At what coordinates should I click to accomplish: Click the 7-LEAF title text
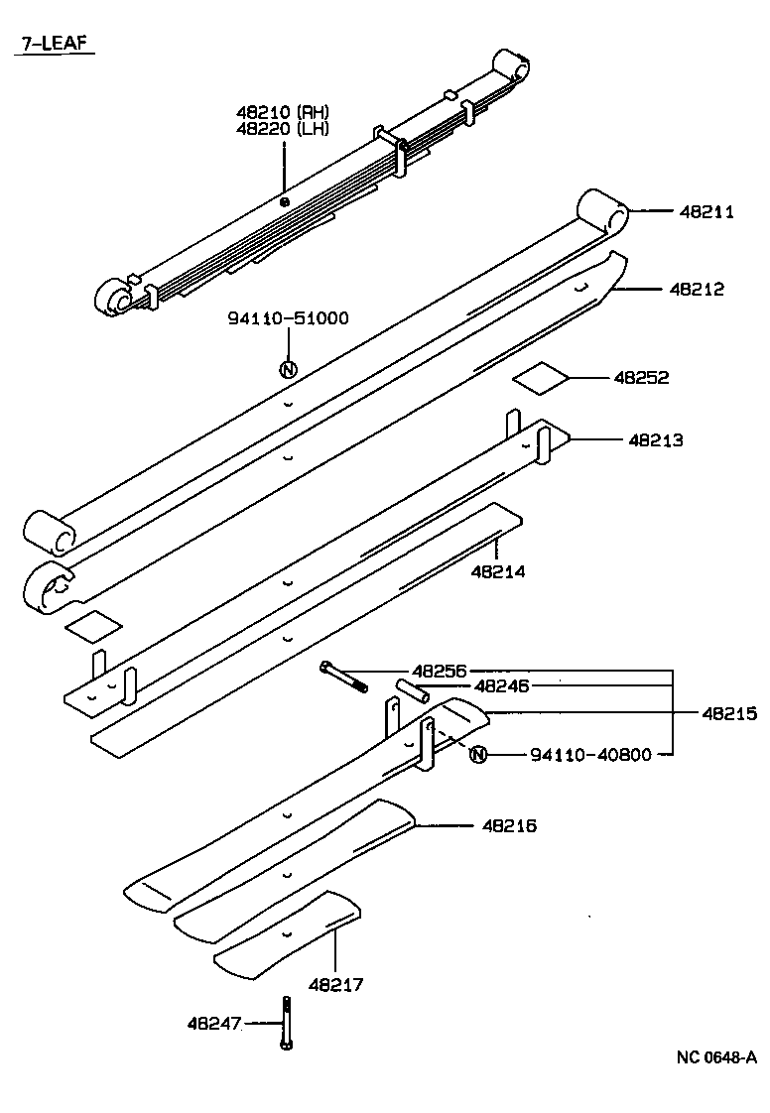click(52, 45)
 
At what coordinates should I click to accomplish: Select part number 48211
click(706, 211)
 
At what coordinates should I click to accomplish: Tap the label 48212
click(697, 290)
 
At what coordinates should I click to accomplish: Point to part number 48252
click(641, 378)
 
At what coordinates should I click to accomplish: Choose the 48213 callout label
click(655, 439)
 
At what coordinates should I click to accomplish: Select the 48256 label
click(439, 672)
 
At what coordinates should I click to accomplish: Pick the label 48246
click(501, 685)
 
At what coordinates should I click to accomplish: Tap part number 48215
click(729, 712)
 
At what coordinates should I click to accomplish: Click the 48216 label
click(509, 825)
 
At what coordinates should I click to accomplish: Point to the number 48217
click(335, 984)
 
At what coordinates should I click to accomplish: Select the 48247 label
click(214, 1023)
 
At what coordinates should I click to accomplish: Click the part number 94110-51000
click(288, 318)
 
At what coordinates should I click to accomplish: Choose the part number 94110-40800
click(590, 755)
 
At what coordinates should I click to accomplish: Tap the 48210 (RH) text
click(283, 112)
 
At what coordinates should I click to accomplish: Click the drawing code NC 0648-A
click(716, 1056)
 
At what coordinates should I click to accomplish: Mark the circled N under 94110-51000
click(288, 371)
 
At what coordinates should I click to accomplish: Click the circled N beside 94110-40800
click(478, 755)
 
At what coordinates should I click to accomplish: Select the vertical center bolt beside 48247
click(285, 1023)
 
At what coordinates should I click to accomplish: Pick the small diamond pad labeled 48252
click(541, 379)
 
